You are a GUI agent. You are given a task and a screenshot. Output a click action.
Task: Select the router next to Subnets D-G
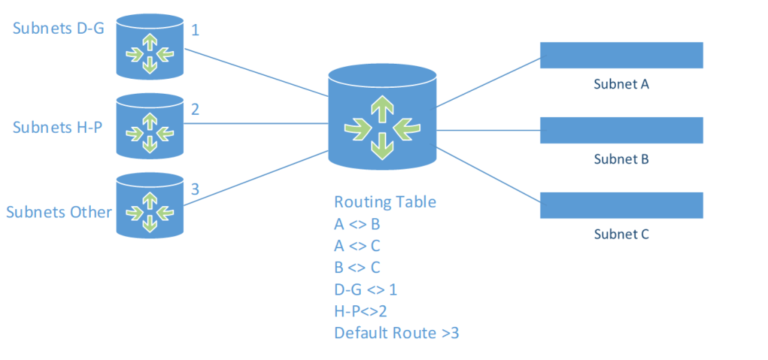[149, 46]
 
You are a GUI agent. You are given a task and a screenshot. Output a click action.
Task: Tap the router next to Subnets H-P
[149, 125]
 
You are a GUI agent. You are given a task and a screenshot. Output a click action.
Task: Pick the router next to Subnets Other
[149, 205]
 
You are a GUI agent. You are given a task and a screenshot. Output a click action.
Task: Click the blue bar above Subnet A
[622, 55]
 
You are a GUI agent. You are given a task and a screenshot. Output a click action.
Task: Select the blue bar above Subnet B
[622, 130]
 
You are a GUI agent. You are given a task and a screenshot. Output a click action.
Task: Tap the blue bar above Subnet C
[622, 205]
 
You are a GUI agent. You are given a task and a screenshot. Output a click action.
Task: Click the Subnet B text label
[622, 159]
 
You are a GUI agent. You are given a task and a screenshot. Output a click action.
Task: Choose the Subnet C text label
[622, 235]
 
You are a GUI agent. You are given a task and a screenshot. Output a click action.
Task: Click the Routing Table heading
[385, 202]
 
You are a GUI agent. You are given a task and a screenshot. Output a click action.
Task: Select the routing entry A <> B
[357, 224]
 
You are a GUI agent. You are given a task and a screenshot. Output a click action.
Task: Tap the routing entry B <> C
[357, 268]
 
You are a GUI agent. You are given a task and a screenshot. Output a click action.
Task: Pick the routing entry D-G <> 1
[365, 289]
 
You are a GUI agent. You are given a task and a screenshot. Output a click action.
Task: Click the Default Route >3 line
[397, 333]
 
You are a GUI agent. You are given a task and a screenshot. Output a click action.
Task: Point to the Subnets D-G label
[58, 28]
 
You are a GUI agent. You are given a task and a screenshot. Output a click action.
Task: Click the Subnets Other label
[59, 212]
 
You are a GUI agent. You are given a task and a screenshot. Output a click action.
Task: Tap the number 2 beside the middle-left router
[195, 109]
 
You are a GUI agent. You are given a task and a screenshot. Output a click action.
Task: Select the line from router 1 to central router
[256, 73]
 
